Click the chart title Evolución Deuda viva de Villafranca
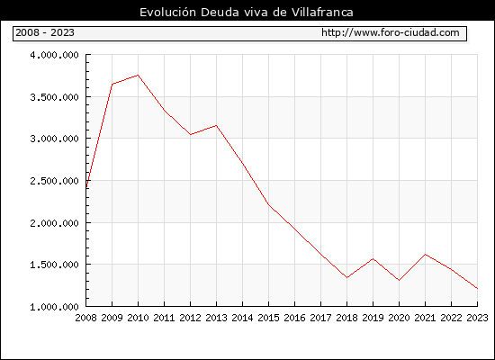coord(247,13)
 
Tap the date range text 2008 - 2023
coord(45,32)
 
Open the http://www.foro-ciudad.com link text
coord(391,32)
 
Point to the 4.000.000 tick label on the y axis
coord(54,55)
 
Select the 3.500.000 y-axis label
coord(54,97)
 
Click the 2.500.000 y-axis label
coord(54,181)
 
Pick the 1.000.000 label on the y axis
coord(54,307)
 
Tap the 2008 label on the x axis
coord(85,318)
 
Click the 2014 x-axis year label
coord(242,318)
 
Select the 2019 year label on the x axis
coord(373,318)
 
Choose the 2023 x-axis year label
coord(477,318)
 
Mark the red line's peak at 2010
coord(139,76)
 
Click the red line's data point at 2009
coord(112,84)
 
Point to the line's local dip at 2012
coord(191,134)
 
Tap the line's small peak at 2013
coord(216,125)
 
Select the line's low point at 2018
coord(346,277)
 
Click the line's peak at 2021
coord(425,254)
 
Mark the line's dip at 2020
coord(399,281)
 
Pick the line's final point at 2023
coord(477,288)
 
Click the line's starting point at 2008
coord(86,187)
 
